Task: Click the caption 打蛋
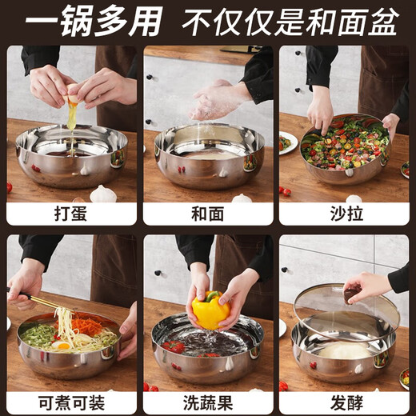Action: tap(71, 213)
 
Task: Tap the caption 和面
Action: tap(208, 213)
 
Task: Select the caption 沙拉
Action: tap(344, 213)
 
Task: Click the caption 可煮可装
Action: tap(71, 402)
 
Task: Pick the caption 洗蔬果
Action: tap(208, 402)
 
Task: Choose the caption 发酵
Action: tap(344, 402)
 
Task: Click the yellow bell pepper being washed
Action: tap(210, 310)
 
